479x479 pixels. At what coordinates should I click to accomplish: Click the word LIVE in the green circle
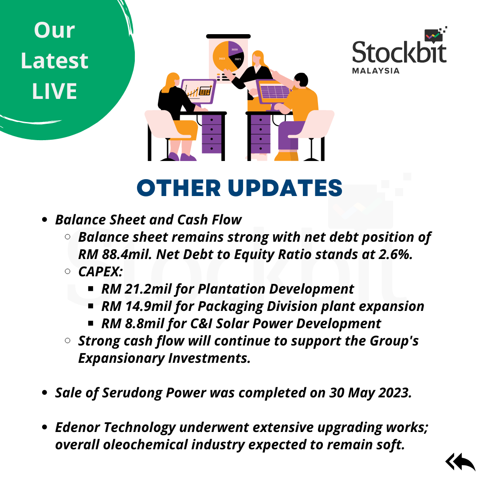55,91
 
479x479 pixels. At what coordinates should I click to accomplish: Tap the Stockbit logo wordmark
399,52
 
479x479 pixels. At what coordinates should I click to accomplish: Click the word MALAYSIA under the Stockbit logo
376,71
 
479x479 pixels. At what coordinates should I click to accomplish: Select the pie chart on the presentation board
228,56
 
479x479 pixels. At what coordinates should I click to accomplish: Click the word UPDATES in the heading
285,188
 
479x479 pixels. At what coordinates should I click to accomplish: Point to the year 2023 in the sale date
395,393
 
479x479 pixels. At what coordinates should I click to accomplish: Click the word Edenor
78,428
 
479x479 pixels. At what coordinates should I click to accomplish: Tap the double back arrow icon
460,462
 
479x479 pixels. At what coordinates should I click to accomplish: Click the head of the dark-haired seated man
301,80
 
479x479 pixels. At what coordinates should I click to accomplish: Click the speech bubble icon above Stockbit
433,36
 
